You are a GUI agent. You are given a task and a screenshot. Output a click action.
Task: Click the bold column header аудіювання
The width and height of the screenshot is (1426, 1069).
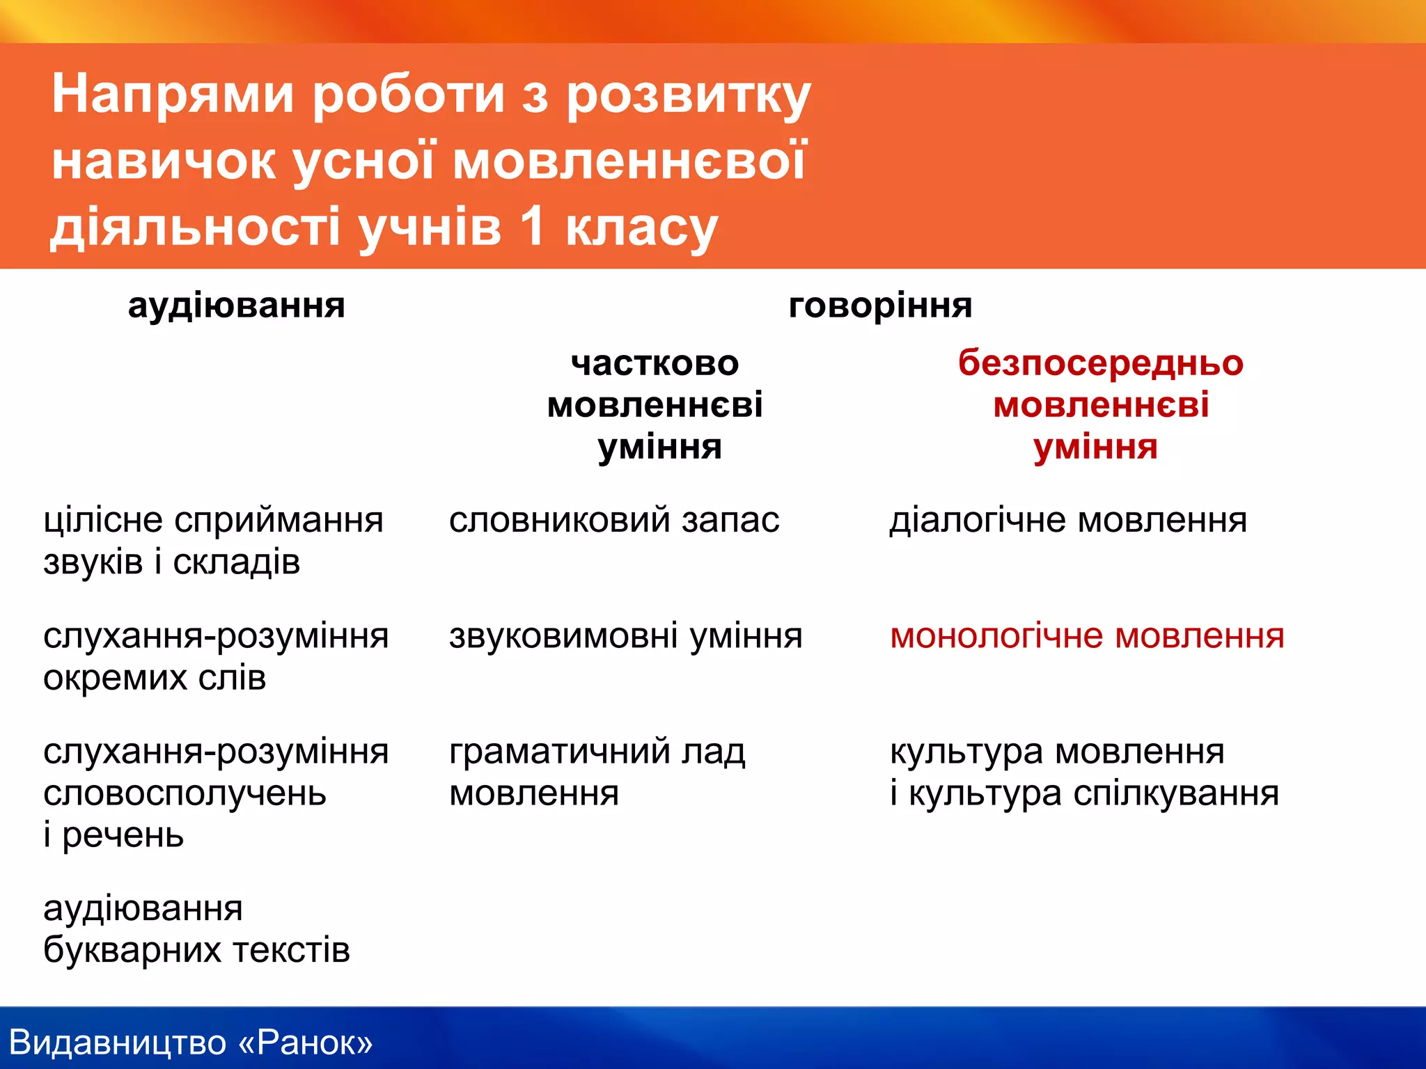[x=236, y=306]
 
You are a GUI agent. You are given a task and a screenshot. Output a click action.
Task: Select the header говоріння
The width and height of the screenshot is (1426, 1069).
[x=880, y=306]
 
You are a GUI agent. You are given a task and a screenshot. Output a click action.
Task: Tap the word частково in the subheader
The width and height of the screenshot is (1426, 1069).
[x=655, y=363]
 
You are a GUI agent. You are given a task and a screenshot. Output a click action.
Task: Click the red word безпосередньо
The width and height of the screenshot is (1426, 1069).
[x=1100, y=363]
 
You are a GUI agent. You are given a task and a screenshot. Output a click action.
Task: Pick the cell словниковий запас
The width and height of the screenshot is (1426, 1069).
[x=613, y=521]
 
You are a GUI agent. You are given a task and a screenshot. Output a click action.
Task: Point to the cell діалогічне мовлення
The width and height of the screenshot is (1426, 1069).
[x=1068, y=521]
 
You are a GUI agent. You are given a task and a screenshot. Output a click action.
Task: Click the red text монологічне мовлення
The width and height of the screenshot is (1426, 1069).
[x=1087, y=636]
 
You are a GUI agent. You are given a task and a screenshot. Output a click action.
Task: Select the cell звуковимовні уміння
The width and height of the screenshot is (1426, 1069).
[x=625, y=636]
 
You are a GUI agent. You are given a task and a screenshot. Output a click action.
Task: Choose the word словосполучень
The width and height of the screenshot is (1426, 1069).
[x=185, y=794]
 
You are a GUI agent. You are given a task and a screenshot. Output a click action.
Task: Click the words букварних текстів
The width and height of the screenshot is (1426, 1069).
[x=196, y=951]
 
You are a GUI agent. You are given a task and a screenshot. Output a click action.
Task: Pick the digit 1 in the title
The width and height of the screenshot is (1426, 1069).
[x=532, y=227]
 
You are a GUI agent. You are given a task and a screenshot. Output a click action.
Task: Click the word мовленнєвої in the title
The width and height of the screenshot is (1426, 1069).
[x=629, y=161]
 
